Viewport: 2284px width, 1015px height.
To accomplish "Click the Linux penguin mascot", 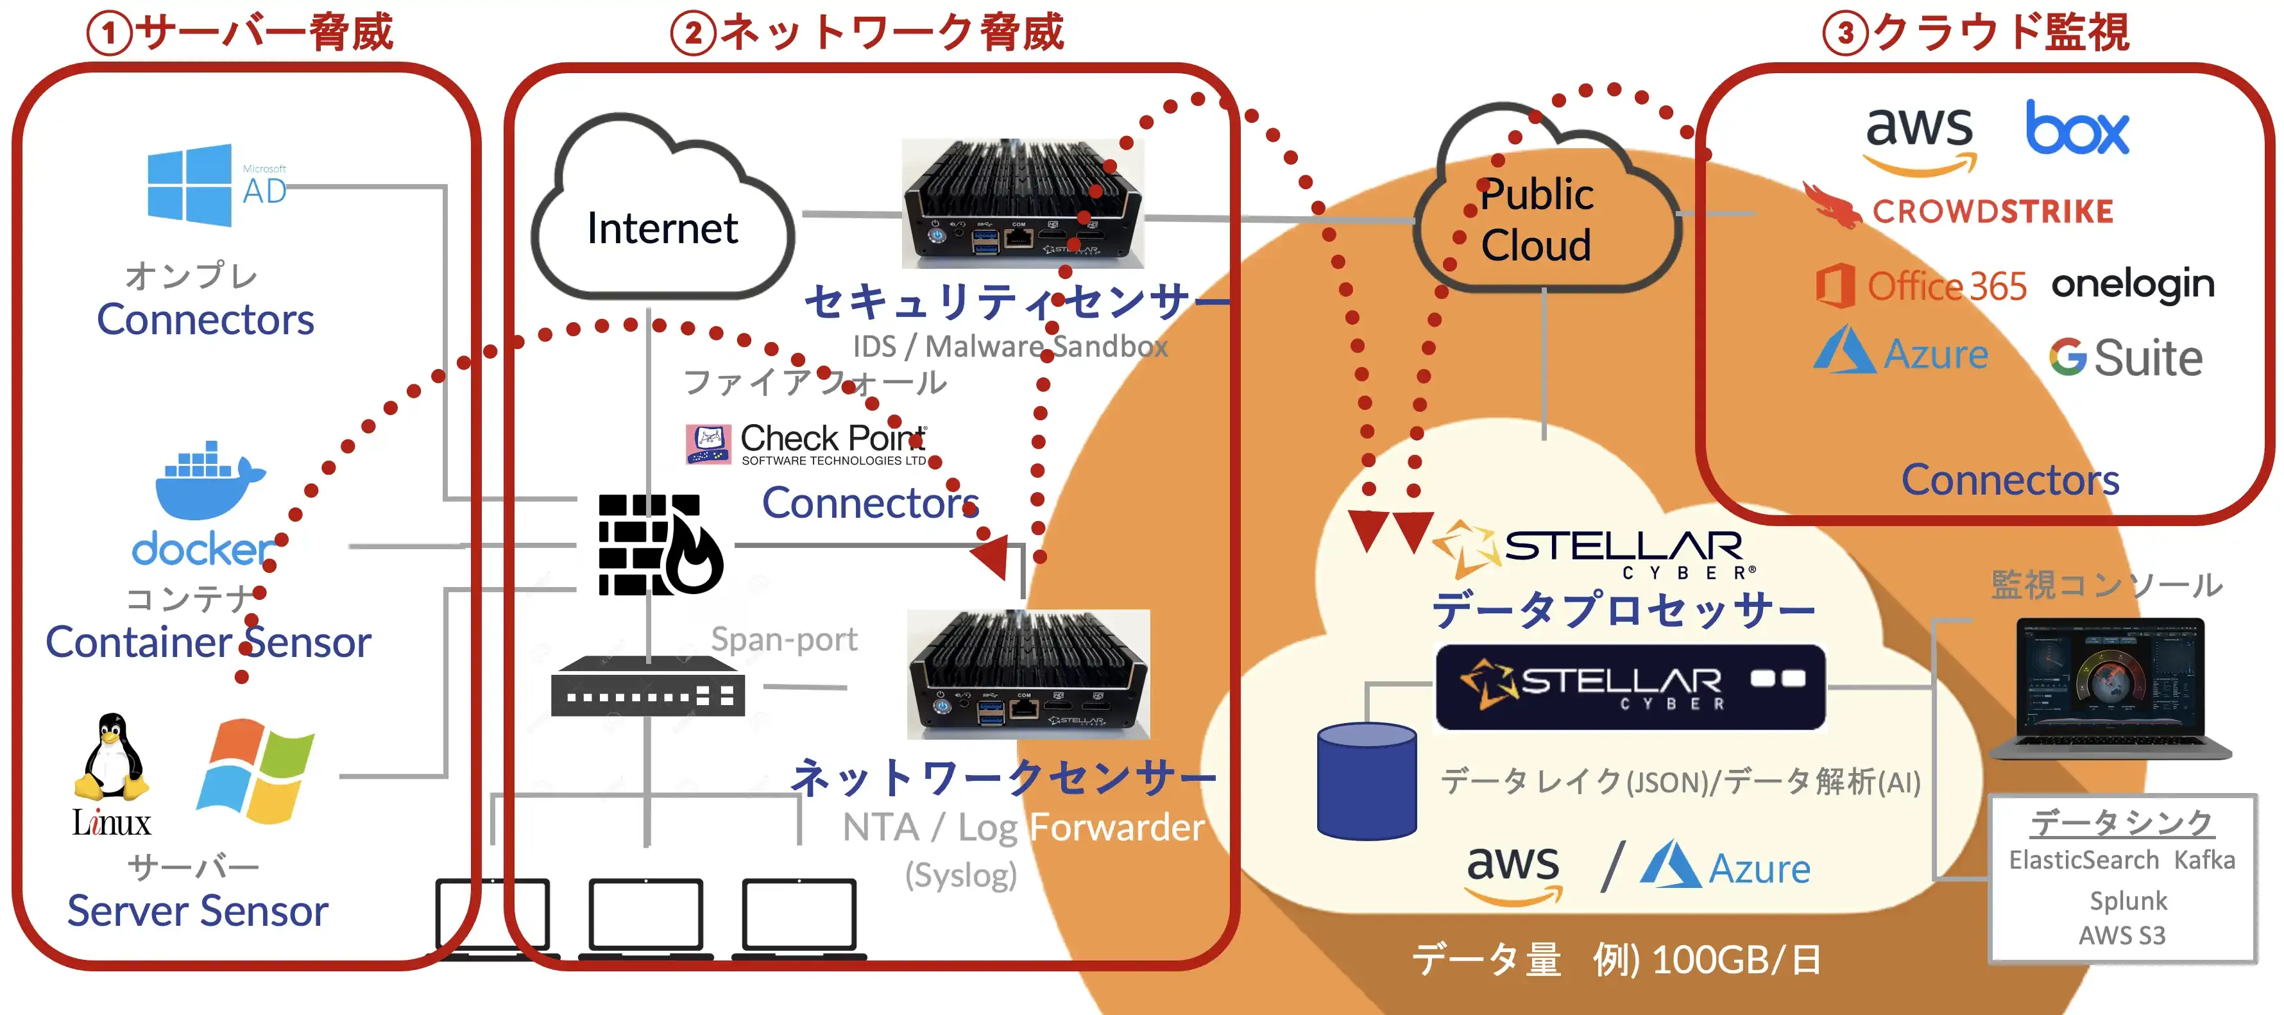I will pyautogui.click(x=112, y=758).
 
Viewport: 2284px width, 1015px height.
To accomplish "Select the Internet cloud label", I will pyautogui.click(x=661, y=228).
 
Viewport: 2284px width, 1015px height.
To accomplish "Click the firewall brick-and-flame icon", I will pyautogui.click(x=659, y=544).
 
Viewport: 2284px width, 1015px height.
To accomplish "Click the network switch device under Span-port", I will pyautogui.click(x=647, y=687).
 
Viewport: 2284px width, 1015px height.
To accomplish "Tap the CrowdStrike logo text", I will pyautogui.click(x=1991, y=212).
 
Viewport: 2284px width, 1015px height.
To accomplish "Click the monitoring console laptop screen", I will pyautogui.click(x=2109, y=678).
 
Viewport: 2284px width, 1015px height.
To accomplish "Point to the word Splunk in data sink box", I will pyautogui.click(x=2127, y=901).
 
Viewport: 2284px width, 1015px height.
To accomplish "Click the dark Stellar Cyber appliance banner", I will pyautogui.click(x=1630, y=687).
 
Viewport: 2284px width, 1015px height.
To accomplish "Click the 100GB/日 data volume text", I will pyautogui.click(x=1736, y=960).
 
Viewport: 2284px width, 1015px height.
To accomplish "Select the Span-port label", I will pyautogui.click(x=784, y=639).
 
